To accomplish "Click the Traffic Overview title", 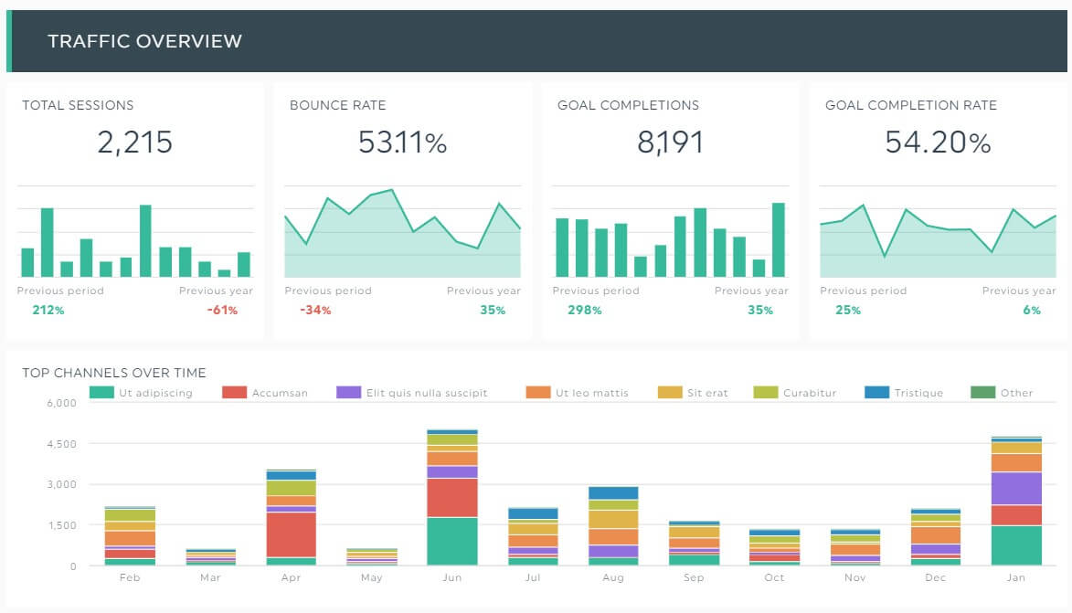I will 144,41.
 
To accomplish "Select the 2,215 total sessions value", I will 134,143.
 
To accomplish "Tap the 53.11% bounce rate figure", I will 402,143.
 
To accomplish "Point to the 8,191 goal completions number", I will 670,143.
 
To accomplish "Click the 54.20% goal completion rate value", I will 938,143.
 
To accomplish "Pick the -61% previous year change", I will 222,311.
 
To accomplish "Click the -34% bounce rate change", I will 315,311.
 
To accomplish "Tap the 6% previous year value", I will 1032,311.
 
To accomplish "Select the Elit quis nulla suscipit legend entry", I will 426,393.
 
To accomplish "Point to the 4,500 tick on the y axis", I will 63,444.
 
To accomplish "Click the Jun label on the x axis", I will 451,578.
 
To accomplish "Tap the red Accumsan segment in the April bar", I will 291,534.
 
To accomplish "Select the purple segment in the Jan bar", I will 1016,488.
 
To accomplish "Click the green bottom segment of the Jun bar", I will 451,542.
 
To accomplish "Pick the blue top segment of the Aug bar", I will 613,493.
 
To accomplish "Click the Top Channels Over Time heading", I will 114,373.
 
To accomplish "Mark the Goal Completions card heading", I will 628,105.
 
